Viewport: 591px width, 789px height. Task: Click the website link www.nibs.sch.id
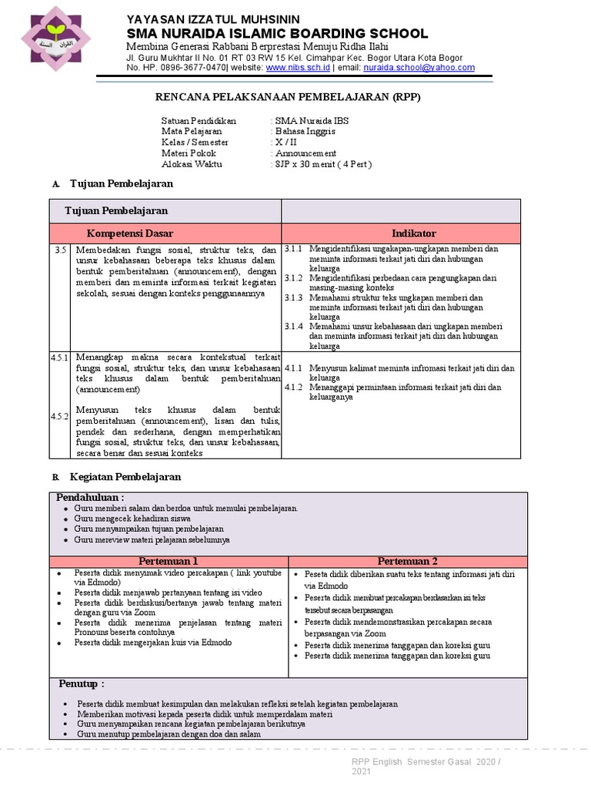(298, 68)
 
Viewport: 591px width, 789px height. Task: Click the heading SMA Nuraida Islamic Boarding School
(277, 33)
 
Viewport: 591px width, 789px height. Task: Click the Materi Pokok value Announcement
(306, 153)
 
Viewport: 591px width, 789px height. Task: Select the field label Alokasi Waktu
(192, 164)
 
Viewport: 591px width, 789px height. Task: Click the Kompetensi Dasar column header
(130, 233)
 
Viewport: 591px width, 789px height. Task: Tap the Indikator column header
(413, 233)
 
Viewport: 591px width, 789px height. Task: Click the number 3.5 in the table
(62, 250)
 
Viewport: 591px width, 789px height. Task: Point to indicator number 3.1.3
(294, 297)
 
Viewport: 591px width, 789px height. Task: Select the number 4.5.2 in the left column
(61, 417)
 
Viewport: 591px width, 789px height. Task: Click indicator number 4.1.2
(294, 388)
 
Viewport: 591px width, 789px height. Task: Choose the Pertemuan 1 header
(169, 561)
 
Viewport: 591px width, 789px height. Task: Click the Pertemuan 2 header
(408, 561)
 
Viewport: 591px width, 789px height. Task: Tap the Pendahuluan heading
(90, 498)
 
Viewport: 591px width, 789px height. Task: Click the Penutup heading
(82, 684)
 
